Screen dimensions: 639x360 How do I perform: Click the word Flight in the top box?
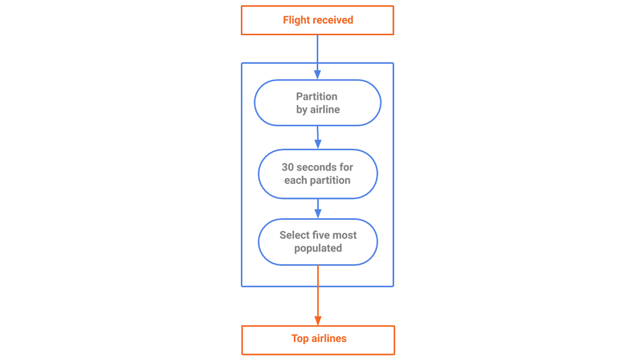pos(296,20)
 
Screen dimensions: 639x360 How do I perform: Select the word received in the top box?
pos(333,20)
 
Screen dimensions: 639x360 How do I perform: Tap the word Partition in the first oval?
pos(317,96)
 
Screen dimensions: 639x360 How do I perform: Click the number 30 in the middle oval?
pos(288,167)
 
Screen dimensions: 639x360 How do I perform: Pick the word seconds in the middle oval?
pos(316,167)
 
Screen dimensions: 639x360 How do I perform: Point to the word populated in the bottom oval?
pos(318,248)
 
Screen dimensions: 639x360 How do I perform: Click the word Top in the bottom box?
pos(300,338)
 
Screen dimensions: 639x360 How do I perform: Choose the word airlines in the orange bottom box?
pos(329,338)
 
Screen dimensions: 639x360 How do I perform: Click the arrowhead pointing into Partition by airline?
pos(318,75)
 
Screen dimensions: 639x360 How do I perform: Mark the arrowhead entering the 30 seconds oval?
pos(318,144)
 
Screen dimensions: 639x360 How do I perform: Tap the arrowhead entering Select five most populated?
pos(318,213)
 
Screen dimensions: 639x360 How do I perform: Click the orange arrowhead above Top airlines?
pos(318,320)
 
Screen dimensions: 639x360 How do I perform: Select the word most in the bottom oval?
pos(344,235)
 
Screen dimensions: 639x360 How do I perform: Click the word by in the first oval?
pos(302,110)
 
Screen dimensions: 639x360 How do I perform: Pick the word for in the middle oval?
pos(346,167)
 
